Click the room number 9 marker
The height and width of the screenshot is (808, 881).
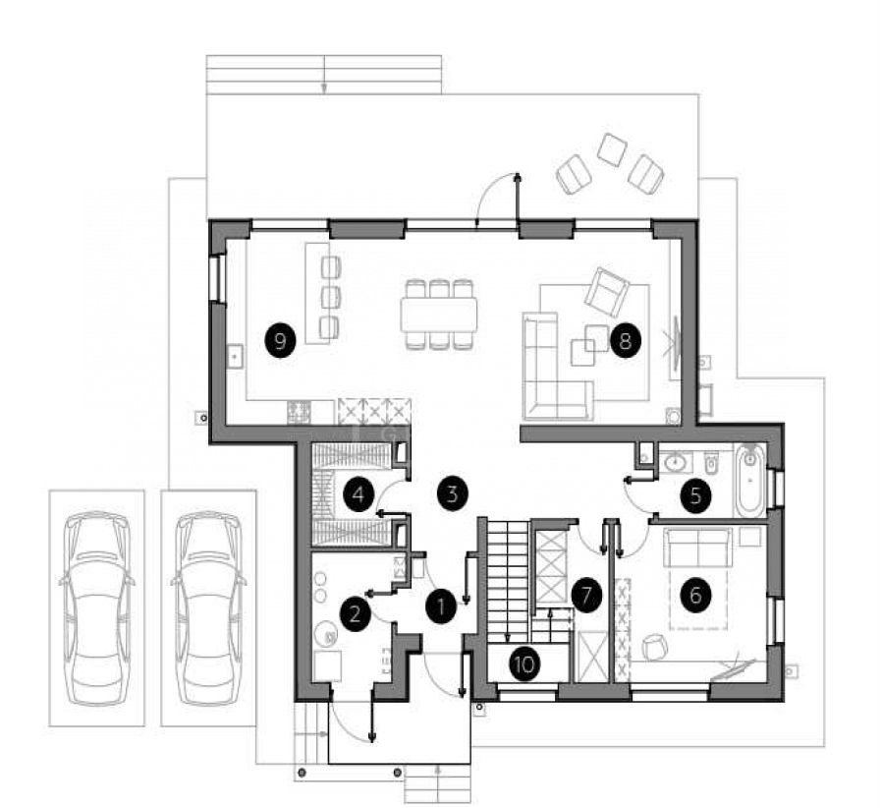point(280,340)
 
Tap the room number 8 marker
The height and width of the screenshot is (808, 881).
point(625,340)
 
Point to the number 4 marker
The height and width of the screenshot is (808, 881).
point(358,494)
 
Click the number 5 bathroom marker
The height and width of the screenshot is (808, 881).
point(695,496)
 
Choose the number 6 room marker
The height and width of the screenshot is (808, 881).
point(695,595)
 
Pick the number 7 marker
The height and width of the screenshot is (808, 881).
point(586,595)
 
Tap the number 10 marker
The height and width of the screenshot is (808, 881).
point(524,664)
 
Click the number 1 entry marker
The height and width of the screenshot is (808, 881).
point(442,606)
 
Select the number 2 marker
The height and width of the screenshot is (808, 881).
point(355,612)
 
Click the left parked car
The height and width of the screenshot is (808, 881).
point(96,607)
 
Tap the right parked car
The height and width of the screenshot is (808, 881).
point(208,607)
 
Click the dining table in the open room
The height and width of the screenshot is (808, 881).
point(439,315)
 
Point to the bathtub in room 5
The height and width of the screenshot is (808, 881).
point(750,481)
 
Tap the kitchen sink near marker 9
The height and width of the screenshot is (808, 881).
point(236,356)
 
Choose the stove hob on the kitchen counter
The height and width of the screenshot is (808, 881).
point(299,412)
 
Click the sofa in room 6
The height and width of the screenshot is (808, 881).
point(698,547)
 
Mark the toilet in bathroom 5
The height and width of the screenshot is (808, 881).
point(710,462)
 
